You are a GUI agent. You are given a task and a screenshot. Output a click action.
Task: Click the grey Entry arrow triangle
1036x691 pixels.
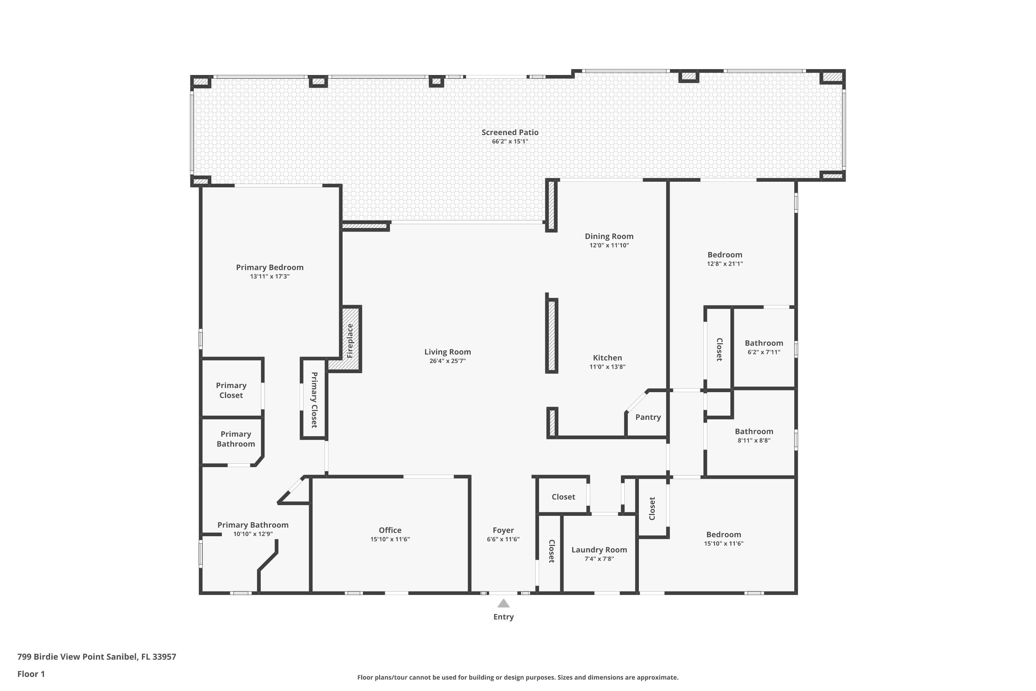coord(503,603)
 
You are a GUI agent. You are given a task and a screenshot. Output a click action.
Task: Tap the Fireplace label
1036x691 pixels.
coord(350,341)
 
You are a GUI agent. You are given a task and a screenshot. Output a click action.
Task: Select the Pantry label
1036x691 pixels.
coord(648,417)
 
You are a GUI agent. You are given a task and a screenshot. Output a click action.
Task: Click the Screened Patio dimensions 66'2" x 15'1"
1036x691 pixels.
coord(510,141)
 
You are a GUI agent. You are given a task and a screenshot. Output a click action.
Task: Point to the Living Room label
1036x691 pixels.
coord(448,352)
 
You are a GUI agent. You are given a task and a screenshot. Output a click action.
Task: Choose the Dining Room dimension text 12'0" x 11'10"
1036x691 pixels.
coord(609,245)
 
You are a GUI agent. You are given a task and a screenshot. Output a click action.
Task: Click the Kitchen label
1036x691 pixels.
coord(607,358)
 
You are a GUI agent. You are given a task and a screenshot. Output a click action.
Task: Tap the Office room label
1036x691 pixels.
coord(390,530)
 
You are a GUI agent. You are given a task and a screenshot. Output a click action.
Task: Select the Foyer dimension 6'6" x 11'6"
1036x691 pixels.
coord(503,539)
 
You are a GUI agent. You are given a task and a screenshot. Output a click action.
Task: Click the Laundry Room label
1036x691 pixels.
coord(599,550)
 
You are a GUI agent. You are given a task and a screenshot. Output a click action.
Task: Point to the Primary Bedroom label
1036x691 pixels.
coord(270,267)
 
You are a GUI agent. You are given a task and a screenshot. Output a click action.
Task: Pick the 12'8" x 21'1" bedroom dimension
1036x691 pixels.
coord(725,264)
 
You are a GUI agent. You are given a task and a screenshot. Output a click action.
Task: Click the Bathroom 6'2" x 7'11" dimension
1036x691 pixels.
coord(764,352)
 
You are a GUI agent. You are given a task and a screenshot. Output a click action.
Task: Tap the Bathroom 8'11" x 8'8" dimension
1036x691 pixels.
coord(754,440)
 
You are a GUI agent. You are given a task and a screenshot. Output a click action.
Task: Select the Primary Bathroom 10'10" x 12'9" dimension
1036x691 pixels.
coord(253,534)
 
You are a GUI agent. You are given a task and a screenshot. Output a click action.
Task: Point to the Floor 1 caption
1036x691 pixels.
coord(31,674)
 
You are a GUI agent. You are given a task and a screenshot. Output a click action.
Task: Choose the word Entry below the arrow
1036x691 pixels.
coord(503,617)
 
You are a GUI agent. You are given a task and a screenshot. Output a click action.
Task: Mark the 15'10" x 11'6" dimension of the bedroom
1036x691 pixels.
coord(724,544)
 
